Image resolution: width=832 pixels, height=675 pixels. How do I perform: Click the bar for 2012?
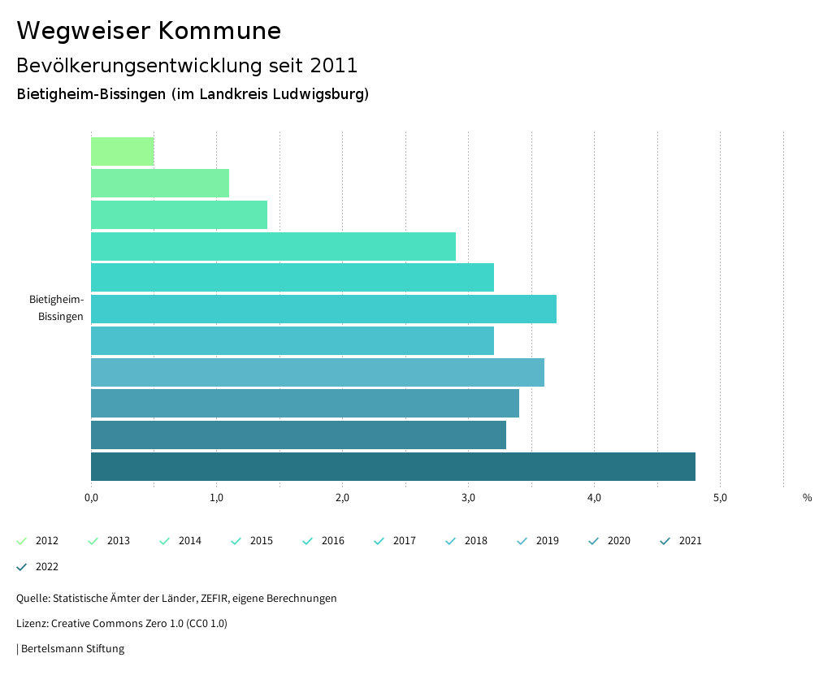[123, 152]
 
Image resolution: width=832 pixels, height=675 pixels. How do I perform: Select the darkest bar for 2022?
[393, 466]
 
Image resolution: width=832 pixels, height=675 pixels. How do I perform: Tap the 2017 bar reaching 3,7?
[323, 309]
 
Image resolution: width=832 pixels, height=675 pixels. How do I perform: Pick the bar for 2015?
[273, 246]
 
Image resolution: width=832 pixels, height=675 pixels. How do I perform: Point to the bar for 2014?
[179, 214]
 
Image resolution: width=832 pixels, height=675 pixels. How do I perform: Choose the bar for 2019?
[318, 372]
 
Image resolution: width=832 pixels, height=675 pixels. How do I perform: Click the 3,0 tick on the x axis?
[469, 498]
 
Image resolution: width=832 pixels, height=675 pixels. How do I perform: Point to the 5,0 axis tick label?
[720, 498]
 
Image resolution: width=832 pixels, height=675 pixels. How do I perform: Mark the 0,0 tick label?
[91, 498]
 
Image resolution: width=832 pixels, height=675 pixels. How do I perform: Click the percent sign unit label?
[807, 498]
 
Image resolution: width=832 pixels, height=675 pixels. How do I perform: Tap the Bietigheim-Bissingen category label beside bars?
[57, 308]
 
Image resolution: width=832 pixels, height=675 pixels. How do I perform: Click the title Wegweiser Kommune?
[149, 31]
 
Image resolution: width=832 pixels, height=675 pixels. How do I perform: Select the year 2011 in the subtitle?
[334, 65]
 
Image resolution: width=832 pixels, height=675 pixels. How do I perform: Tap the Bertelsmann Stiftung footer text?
[72, 649]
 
